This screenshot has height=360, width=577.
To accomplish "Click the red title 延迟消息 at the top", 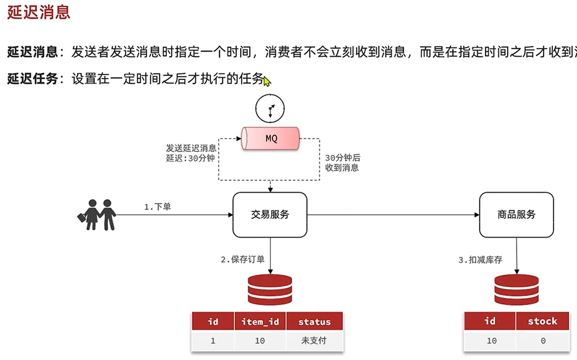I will point(38,12).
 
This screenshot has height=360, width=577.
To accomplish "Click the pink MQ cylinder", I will point(270,138).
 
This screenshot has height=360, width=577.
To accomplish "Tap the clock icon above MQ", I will point(270,109).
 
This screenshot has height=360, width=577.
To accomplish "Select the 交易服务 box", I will point(270,215).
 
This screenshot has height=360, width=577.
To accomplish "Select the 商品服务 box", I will point(516,215).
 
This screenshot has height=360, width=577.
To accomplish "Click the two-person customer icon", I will point(97,215).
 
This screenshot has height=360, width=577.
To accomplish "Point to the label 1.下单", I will point(157,207).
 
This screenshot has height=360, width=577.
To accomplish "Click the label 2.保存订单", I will point(242,260).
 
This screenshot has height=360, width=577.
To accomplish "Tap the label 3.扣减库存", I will point(480,260).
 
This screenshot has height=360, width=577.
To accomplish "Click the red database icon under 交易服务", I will point(270,290).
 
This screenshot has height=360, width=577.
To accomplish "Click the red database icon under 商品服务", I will point(516,290).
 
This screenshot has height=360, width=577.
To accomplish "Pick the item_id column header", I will point(260,322).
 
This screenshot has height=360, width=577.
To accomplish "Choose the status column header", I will point(315,322).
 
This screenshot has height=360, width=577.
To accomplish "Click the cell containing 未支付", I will point(314,341).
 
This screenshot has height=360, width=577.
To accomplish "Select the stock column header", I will point(542,321).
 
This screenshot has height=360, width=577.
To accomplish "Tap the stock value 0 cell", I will point(543,341).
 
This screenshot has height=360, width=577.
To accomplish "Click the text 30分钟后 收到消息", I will point(342,163).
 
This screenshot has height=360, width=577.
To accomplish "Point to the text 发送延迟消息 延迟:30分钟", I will point(191,153).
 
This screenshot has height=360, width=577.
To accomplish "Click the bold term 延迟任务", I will point(32,79).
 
